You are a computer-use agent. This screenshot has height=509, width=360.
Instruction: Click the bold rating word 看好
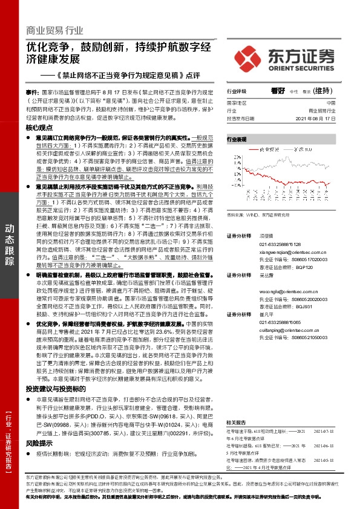(278, 90)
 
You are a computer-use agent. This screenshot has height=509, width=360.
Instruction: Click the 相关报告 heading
(235, 423)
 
